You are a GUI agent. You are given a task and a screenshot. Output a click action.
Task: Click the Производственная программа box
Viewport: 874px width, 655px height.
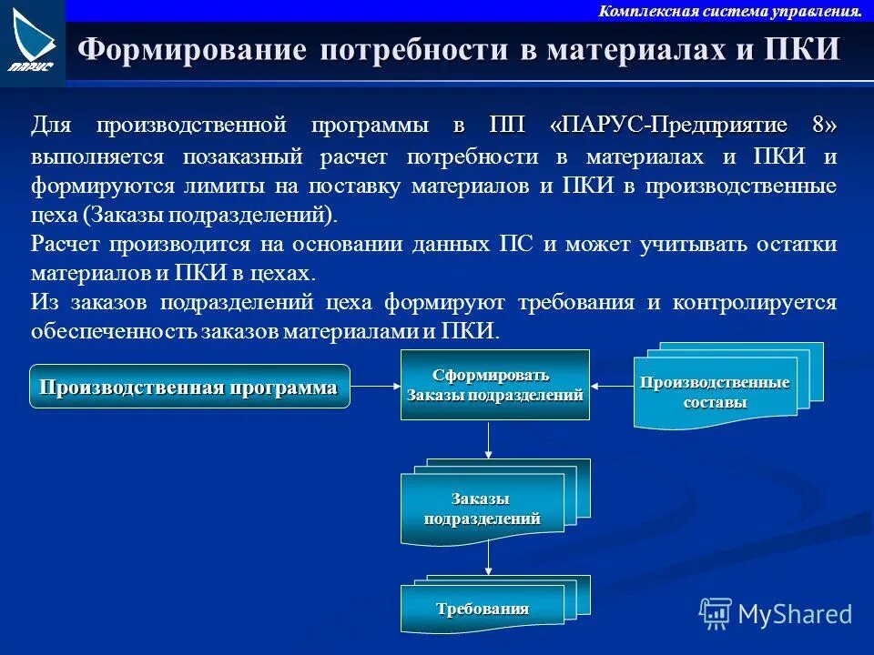189,387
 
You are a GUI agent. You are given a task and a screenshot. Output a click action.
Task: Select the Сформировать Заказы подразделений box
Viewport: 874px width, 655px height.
494,386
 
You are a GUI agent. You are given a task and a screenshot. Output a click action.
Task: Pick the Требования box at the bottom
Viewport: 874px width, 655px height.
483,609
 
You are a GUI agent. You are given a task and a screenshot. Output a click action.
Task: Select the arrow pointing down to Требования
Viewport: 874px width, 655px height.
489,558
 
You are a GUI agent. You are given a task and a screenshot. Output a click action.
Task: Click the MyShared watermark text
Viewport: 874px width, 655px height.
795,613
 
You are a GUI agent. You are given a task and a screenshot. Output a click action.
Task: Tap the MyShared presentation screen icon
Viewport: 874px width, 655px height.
716,614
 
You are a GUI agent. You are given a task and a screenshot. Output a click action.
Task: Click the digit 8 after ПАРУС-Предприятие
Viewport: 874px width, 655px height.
824,125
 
